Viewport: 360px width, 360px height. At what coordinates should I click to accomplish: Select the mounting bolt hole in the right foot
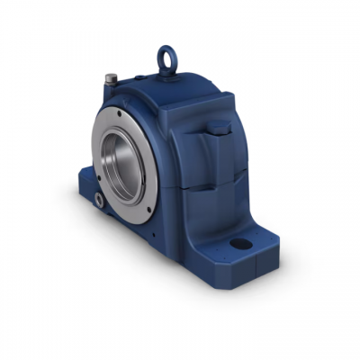[243, 242]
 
